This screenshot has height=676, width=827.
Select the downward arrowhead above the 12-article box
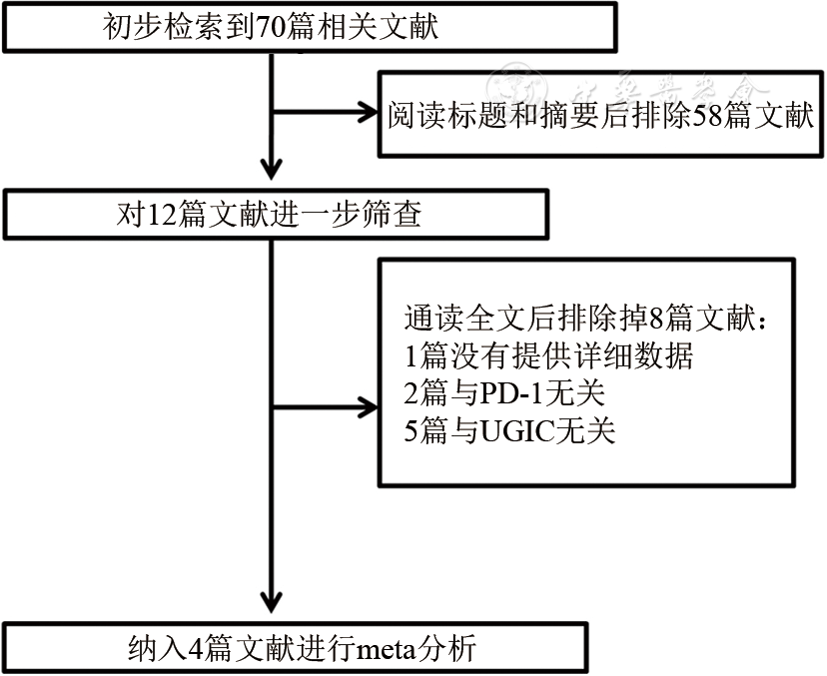click(271, 167)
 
